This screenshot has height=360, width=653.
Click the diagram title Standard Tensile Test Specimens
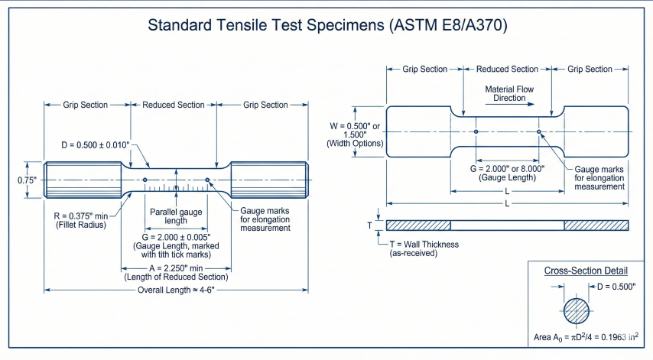[x=326, y=25]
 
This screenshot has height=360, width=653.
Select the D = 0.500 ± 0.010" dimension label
[x=96, y=144]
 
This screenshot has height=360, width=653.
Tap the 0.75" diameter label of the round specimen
[x=15, y=180]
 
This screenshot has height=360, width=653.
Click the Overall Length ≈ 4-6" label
[x=177, y=290]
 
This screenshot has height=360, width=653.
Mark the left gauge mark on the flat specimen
[x=476, y=131]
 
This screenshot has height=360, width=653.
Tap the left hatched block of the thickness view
[x=418, y=225]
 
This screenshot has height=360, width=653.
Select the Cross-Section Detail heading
[x=586, y=271]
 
